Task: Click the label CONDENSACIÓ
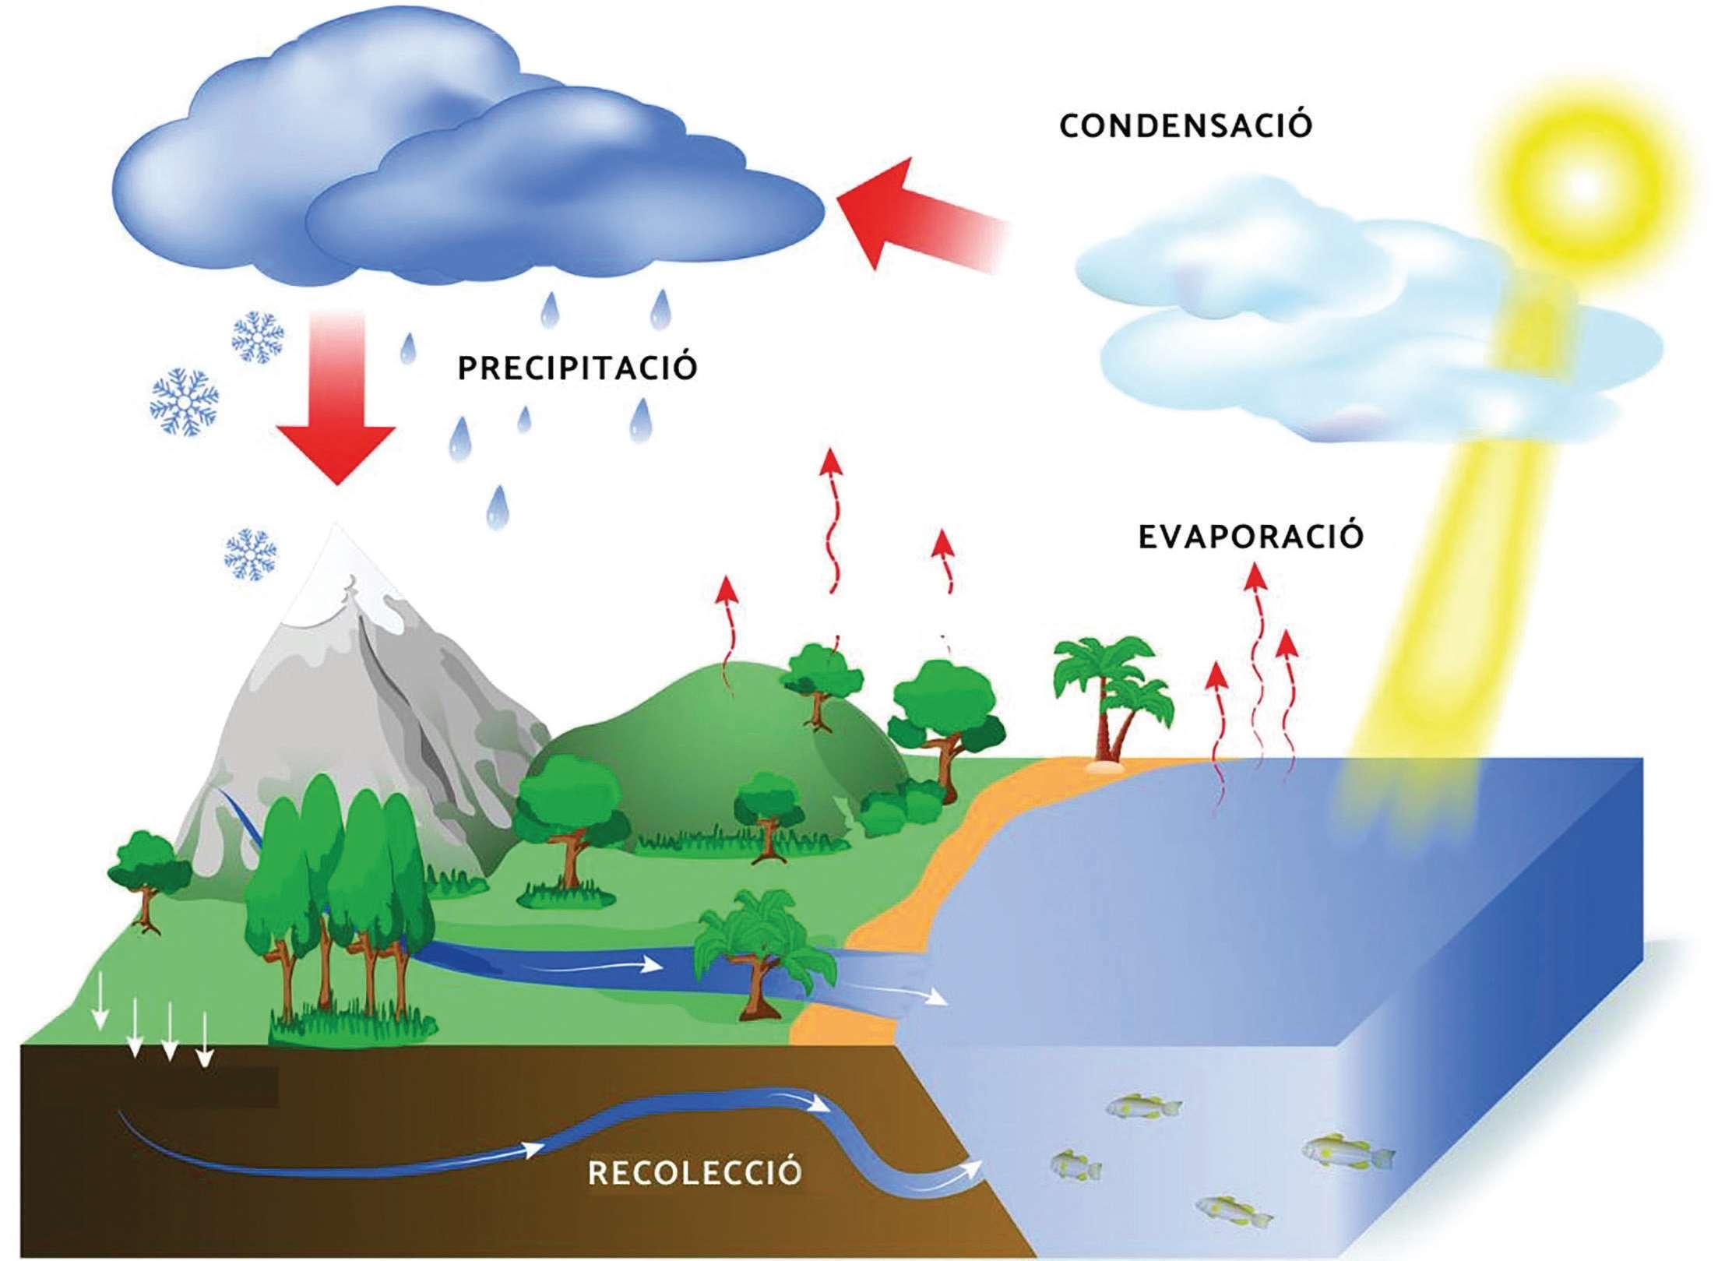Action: [1185, 125]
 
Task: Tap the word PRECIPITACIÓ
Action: [576, 368]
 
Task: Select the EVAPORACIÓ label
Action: [1250, 537]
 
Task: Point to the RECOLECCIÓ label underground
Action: [695, 1172]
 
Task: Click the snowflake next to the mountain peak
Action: [251, 555]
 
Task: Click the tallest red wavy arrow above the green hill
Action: [833, 537]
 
